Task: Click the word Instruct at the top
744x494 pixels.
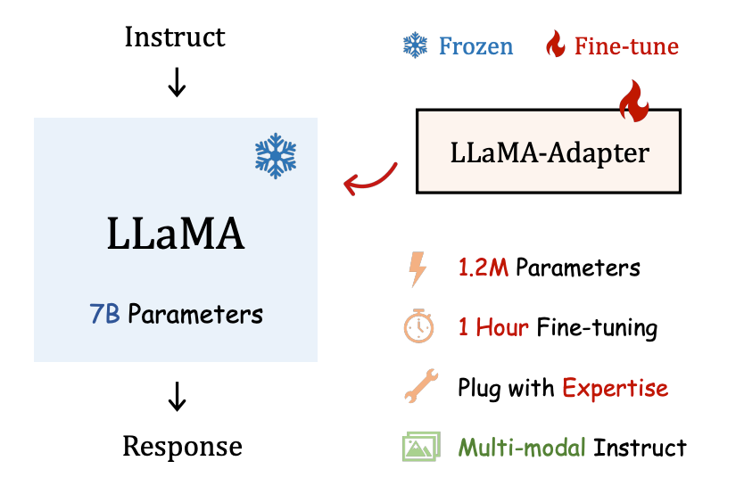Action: click(x=175, y=37)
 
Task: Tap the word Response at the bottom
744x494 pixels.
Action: click(x=182, y=445)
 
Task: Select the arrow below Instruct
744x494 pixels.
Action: click(x=177, y=82)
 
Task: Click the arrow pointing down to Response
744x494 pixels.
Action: click(x=177, y=397)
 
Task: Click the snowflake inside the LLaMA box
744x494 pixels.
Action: click(x=276, y=157)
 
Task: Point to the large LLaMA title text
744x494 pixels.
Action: click(x=176, y=234)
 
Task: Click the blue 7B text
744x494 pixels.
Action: click(x=104, y=314)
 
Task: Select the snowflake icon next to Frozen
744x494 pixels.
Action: click(x=415, y=45)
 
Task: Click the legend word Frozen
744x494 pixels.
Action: click(x=475, y=45)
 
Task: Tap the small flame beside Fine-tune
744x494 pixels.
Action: click(x=555, y=45)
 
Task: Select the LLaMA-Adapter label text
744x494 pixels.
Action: click(x=549, y=152)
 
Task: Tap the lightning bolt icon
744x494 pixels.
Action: click(x=417, y=268)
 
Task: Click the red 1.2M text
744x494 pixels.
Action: click(x=484, y=268)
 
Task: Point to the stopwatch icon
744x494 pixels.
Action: click(x=417, y=327)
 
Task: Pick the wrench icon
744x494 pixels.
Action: click(x=417, y=387)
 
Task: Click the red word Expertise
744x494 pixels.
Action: click(x=615, y=388)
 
